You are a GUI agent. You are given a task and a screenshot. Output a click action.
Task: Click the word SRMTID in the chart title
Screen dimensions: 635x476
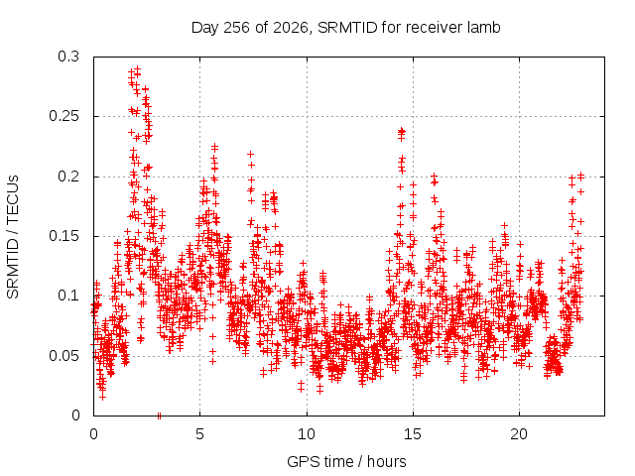[347, 28]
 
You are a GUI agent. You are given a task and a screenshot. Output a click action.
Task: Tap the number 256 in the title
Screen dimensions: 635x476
[236, 28]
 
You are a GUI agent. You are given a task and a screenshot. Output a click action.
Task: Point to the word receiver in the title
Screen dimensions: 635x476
[435, 28]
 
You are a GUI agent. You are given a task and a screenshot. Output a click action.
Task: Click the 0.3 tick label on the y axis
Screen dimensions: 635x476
[68, 57]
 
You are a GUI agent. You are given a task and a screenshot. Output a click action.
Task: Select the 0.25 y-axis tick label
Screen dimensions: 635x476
[63, 116]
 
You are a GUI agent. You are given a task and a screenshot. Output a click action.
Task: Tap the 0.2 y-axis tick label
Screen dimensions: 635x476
[68, 177]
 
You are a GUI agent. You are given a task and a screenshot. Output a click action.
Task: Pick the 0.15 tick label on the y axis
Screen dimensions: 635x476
[63, 236]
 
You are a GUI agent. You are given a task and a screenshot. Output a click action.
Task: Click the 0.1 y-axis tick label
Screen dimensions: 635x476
[68, 296]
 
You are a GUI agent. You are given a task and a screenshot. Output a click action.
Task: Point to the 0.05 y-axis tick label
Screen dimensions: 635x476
[63, 356]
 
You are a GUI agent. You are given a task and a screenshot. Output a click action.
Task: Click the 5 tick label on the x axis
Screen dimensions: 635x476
[200, 434]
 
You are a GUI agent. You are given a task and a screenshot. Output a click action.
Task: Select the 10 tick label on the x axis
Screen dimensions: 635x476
[307, 434]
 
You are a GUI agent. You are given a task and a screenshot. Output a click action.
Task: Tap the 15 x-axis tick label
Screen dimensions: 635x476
[413, 434]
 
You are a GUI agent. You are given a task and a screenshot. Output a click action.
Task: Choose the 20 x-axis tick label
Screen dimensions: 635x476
[519, 434]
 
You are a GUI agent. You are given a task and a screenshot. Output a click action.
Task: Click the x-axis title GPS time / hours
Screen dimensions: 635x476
[346, 462]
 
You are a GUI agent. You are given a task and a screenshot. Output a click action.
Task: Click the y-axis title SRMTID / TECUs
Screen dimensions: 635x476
[13, 237]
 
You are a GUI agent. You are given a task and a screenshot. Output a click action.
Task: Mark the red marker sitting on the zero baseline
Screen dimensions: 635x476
[159, 416]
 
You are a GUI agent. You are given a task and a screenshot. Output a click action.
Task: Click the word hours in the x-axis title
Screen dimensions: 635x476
[387, 461]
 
